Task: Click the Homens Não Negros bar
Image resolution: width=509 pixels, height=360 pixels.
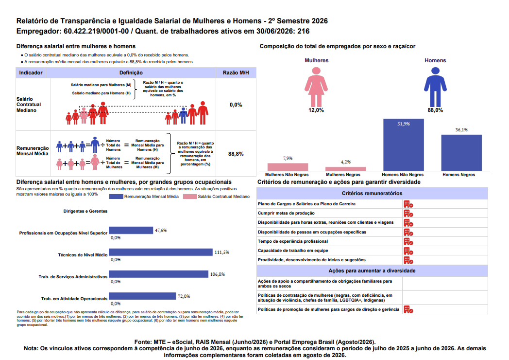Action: coord(404,145)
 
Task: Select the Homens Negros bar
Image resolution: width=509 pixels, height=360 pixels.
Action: coord(461,153)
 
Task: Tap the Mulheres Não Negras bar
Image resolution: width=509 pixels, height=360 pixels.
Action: coord(288,167)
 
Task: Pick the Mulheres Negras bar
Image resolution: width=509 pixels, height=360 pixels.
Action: coord(346,169)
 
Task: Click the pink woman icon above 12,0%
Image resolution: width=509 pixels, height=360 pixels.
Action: coord(316,87)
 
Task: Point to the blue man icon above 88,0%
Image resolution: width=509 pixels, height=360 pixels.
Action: coord(435,87)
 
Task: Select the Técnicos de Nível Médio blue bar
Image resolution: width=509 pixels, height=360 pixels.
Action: coord(161,252)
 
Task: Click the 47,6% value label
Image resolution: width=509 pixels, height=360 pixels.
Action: coord(161,230)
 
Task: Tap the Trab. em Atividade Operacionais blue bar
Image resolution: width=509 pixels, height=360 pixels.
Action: coord(142,296)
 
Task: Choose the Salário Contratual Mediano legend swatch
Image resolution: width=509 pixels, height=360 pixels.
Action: coord(190,197)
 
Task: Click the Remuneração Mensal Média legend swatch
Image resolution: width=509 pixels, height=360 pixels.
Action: coord(116,197)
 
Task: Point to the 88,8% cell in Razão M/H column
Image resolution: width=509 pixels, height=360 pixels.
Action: coord(236,154)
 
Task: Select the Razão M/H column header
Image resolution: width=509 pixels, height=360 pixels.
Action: coord(236,73)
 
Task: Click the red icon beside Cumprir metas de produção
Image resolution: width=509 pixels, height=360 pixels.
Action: coord(408,214)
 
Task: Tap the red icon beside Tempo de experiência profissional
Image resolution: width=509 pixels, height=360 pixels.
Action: coord(408,242)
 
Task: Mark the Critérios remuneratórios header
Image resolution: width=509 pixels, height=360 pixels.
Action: coord(372,193)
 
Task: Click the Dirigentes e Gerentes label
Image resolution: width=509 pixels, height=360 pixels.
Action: coord(85,211)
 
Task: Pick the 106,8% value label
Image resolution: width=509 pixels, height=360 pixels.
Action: coord(217,274)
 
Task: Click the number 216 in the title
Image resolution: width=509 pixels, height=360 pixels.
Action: coord(304,31)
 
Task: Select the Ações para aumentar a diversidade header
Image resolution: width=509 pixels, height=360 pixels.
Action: coord(372,270)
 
